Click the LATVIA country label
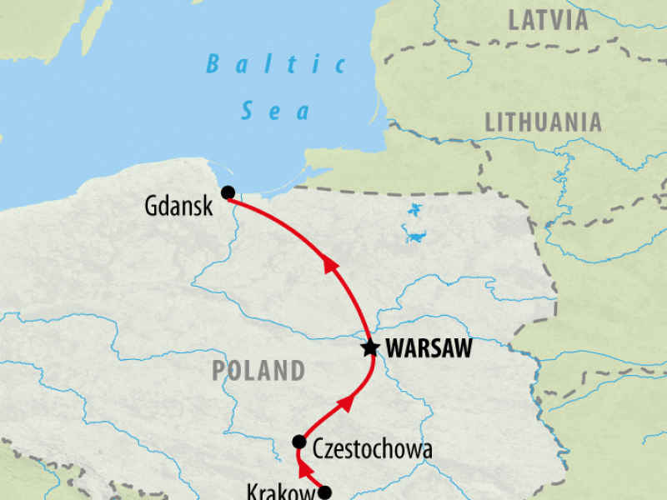[x=549, y=21]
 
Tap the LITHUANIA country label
[x=543, y=122]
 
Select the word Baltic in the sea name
[x=276, y=64]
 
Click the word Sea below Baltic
[x=276, y=110]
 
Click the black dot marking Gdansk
[x=228, y=192]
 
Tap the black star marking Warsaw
[x=369, y=348]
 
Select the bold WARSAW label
[x=428, y=349]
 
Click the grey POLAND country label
[x=258, y=370]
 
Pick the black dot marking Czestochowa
[x=299, y=441]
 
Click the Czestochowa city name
[x=372, y=451]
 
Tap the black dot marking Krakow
[x=325, y=492]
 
